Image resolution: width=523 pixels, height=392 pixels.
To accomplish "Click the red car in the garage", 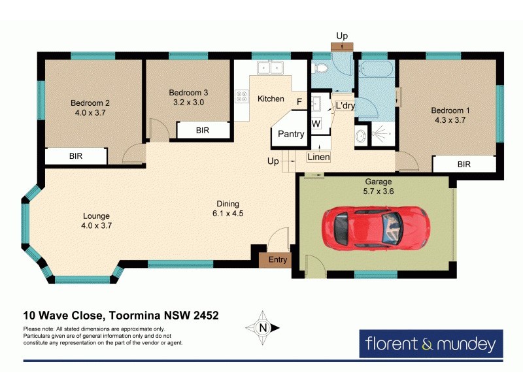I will pyautogui.click(x=375, y=227).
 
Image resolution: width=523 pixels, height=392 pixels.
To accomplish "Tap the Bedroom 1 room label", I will pyautogui.click(x=448, y=110).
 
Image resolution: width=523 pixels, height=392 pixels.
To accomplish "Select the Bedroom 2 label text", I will pyautogui.click(x=90, y=103).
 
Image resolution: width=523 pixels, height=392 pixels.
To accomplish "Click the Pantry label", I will pyautogui.click(x=291, y=134).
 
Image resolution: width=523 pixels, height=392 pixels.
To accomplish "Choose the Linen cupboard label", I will pyautogui.click(x=319, y=157).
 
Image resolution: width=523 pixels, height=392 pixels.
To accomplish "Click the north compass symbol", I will pyautogui.click(x=263, y=328).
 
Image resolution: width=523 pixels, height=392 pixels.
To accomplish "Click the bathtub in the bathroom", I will pyautogui.click(x=375, y=69).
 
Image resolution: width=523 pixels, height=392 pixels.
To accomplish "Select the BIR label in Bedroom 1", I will pyautogui.click(x=464, y=165).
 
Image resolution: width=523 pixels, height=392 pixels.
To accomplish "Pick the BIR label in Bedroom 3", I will pyautogui.click(x=203, y=131).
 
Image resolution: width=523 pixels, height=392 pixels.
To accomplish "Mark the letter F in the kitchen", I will pyautogui.click(x=299, y=102).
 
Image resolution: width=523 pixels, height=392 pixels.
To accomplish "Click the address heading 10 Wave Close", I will pyautogui.click(x=121, y=315).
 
